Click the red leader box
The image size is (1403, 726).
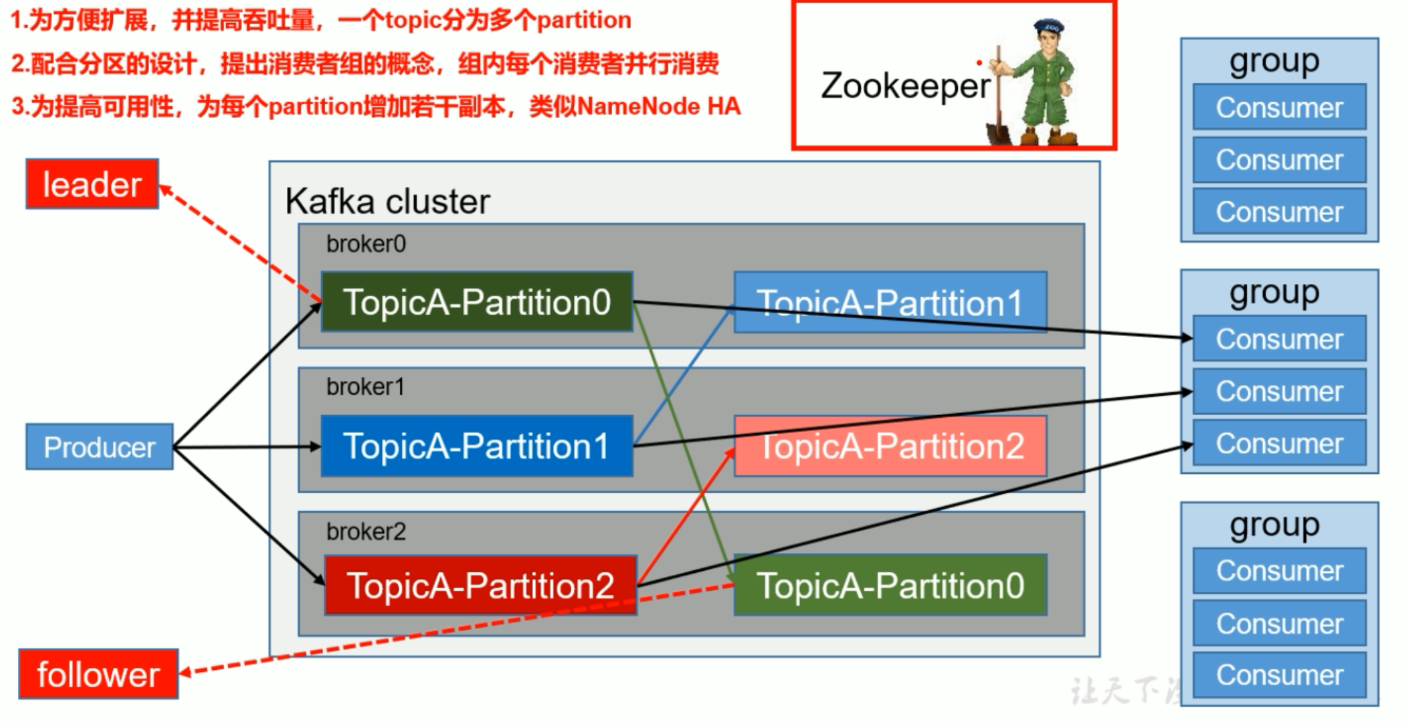click(x=92, y=184)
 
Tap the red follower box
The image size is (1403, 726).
click(x=98, y=674)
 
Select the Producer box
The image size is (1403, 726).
click(x=100, y=447)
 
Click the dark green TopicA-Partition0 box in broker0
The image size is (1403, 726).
click(x=477, y=302)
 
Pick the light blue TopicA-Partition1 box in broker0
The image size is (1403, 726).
click(x=890, y=302)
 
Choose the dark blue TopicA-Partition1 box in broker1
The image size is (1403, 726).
click(x=477, y=445)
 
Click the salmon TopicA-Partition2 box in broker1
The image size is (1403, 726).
click(x=890, y=445)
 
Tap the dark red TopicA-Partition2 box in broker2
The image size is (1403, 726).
click(x=480, y=585)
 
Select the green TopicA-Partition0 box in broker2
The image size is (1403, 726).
click(x=890, y=585)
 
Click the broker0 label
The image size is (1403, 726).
click(x=366, y=244)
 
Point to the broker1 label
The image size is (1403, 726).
click(x=365, y=387)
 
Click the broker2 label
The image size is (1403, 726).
click(x=366, y=531)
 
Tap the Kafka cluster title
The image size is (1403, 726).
click(x=387, y=201)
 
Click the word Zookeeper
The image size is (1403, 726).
click(x=905, y=86)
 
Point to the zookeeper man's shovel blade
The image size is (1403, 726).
click(x=998, y=131)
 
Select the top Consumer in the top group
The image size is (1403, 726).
click(x=1279, y=107)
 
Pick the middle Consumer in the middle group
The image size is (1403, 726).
click(x=1279, y=391)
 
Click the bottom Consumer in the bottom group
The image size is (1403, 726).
click(x=1279, y=675)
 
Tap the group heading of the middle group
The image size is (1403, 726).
click(x=1274, y=292)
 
